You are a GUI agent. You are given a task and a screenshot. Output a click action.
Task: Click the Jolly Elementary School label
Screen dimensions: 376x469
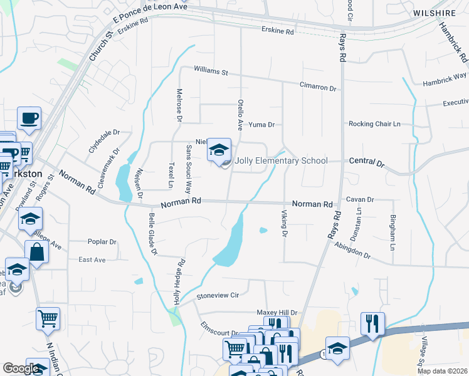(x=280, y=161)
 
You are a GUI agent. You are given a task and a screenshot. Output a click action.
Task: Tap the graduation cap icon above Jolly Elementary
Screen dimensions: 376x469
(x=219, y=150)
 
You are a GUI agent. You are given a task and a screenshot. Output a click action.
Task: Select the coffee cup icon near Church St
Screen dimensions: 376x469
(x=29, y=117)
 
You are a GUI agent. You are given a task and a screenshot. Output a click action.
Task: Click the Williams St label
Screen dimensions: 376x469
(x=211, y=71)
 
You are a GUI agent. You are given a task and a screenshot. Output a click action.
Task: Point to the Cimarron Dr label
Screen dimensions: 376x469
(x=318, y=88)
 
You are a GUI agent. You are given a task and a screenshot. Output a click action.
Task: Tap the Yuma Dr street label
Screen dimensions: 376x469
(x=261, y=125)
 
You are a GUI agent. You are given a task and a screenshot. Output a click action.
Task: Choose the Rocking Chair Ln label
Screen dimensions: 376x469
(x=374, y=124)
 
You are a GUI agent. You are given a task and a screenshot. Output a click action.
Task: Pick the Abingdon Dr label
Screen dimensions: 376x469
(x=352, y=251)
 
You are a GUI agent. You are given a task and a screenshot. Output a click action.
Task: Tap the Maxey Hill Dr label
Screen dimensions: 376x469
(x=277, y=312)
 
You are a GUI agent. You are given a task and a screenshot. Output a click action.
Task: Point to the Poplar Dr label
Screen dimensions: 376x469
(x=103, y=241)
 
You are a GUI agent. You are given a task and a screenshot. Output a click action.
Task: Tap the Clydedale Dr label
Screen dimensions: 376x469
(x=103, y=142)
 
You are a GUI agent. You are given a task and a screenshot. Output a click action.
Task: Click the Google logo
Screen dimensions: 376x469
(x=21, y=368)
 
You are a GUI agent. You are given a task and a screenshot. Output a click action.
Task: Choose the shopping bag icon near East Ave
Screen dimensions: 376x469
(x=37, y=252)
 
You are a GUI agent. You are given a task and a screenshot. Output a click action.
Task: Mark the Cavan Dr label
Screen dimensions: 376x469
(x=360, y=199)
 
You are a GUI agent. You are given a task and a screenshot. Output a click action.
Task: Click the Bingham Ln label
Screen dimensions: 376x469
(x=393, y=223)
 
